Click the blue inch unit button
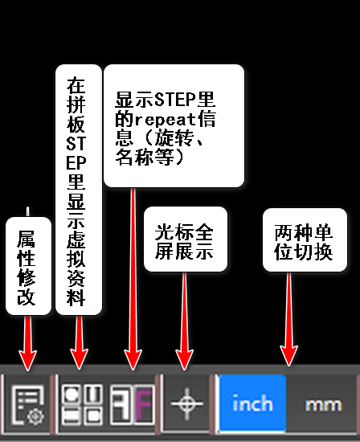click(x=253, y=403)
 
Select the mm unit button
click(x=323, y=404)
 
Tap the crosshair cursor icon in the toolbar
click(x=186, y=403)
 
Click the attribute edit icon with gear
click(x=27, y=405)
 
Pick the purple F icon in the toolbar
click(x=144, y=405)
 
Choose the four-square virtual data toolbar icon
click(x=82, y=405)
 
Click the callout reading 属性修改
click(x=28, y=266)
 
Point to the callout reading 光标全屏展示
click(x=185, y=239)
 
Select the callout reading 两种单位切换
click(x=305, y=240)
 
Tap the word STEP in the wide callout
click(x=175, y=100)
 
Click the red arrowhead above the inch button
click(x=289, y=356)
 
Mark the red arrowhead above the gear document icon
click(x=27, y=360)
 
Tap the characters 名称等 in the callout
click(x=145, y=157)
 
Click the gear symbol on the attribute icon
click(x=36, y=416)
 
